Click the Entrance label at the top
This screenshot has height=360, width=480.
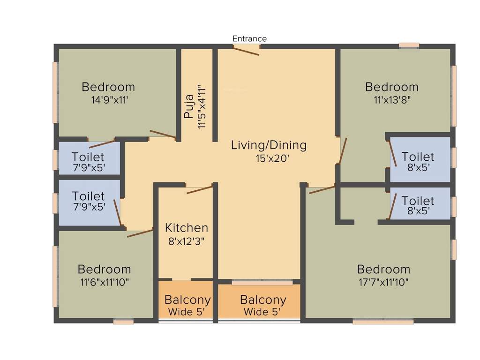coord(249,38)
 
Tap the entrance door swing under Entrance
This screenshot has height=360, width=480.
coord(246,51)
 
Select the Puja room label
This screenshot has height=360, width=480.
coord(189,107)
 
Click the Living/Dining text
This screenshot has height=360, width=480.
coord(269,145)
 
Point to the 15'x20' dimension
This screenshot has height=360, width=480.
coord(269,158)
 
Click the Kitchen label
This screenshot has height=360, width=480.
coord(186,228)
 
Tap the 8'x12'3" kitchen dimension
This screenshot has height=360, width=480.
coord(186,241)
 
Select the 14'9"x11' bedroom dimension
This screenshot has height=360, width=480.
coord(108,100)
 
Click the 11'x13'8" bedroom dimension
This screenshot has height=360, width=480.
coord(391,100)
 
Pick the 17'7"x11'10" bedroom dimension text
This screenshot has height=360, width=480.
coord(383,282)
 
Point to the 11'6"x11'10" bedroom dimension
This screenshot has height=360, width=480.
coord(104,282)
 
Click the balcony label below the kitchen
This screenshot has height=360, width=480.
coord(187,300)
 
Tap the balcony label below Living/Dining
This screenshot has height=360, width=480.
coord(262,300)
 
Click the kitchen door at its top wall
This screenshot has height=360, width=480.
coord(199,189)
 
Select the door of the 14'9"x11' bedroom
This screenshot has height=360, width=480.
coord(163,134)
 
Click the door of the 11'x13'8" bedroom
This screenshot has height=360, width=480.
coord(343,150)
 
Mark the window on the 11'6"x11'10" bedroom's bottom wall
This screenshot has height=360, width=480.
coord(123,322)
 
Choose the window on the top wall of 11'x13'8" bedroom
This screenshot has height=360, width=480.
coord(409,45)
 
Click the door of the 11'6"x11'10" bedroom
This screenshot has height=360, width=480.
coord(140,232)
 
